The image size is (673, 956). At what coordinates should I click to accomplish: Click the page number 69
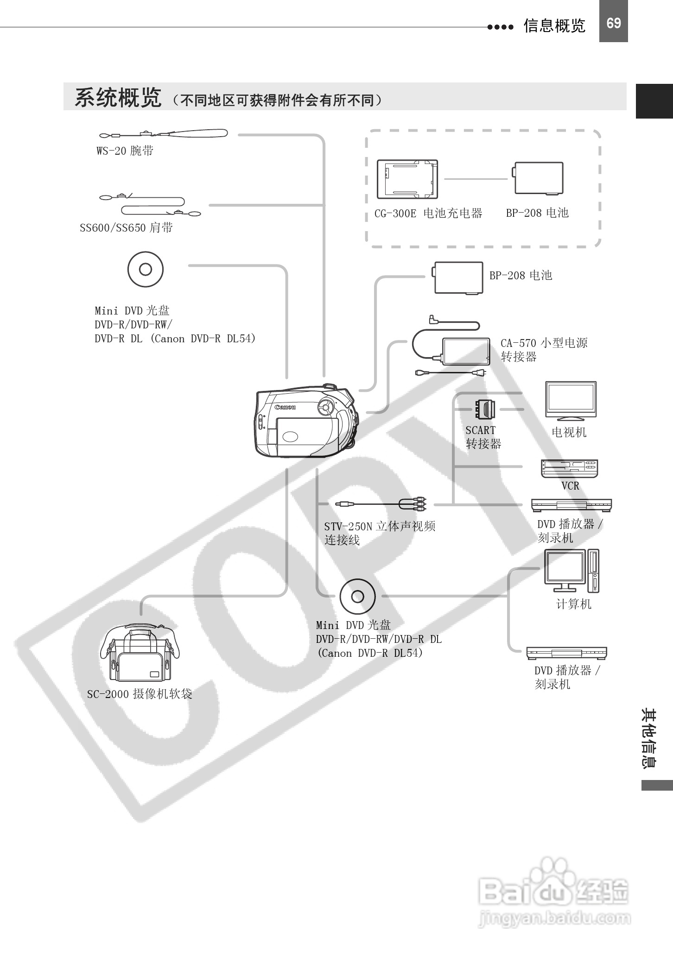(613, 23)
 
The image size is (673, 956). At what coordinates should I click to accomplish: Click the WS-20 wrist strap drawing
(163, 134)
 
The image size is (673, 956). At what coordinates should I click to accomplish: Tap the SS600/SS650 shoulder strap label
(126, 228)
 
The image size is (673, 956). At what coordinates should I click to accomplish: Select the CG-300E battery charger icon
(407, 179)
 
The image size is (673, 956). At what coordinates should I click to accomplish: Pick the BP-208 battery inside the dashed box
(538, 178)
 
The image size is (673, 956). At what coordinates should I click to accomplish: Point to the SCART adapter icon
(484, 409)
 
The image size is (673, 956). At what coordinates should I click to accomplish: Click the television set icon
(571, 401)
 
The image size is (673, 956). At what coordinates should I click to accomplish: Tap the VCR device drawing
(569, 468)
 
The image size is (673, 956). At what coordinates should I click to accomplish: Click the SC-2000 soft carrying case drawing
(139, 654)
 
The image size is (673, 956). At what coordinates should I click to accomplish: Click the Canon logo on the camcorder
(285, 407)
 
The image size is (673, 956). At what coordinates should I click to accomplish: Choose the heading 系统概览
(118, 98)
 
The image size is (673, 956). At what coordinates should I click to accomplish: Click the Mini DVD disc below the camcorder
(357, 596)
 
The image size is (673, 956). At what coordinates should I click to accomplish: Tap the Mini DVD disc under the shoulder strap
(146, 270)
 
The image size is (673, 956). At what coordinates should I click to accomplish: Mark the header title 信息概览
(554, 25)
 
